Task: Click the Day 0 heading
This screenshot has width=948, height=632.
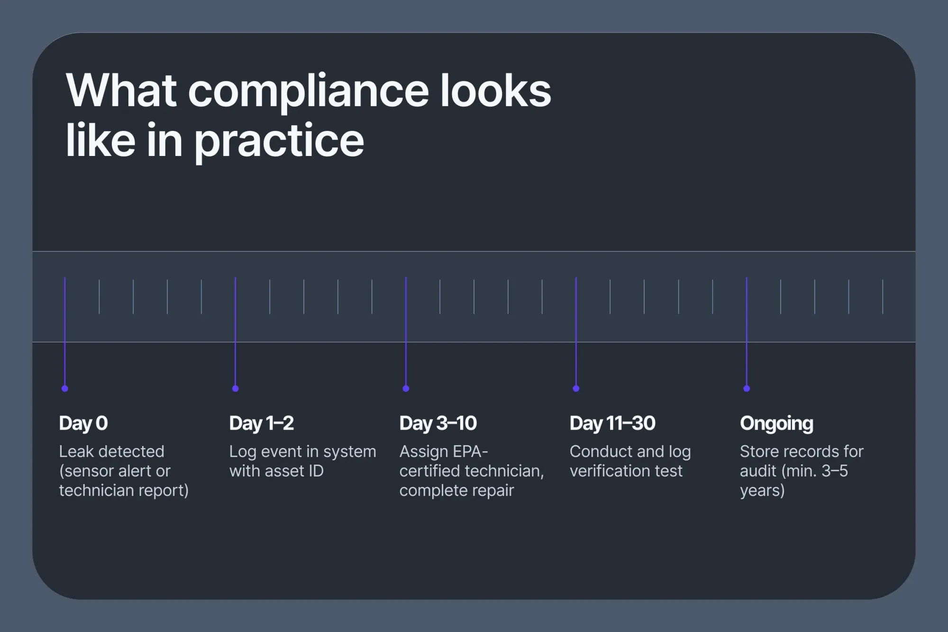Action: point(83,423)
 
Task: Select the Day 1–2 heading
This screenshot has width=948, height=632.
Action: point(261,423)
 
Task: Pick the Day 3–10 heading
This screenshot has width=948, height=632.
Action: point(438,423)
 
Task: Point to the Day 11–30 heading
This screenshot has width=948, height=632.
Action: point(612,423)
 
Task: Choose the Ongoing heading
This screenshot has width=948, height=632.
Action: point(776,423)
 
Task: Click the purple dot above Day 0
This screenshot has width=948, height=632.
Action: point(65,388)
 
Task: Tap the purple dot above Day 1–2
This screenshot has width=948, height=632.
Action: point(236,388)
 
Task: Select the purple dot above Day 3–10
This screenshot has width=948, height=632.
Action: point(406,388)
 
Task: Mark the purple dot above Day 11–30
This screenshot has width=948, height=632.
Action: point(576,388)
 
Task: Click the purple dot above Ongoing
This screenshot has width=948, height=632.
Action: point(747,388)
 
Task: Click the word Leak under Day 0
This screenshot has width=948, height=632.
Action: point(76,451)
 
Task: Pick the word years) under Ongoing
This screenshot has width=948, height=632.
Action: point(762,490)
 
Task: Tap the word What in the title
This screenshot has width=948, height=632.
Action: point(121,91)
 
